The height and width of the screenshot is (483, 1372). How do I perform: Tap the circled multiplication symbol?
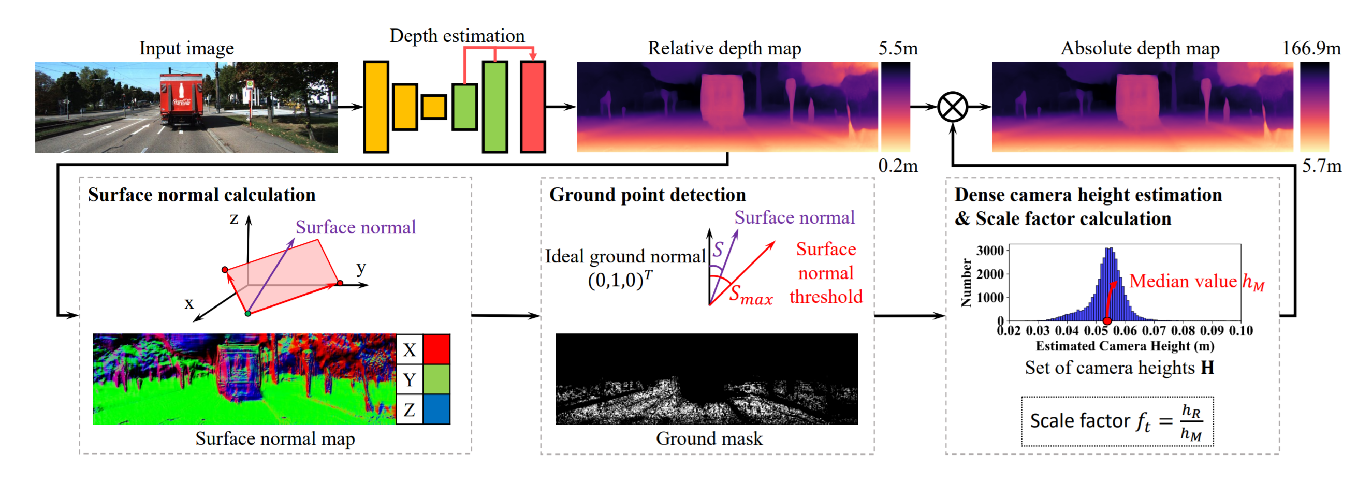click(x=952, y=107)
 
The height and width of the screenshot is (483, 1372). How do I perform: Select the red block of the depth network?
click(x=533, y=107)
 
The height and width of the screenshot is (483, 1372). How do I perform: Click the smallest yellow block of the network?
click(x=433, y=107)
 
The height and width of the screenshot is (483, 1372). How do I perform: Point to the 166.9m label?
click(x=1311, y=49)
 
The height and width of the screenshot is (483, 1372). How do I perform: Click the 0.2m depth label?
click(x=898, y=166)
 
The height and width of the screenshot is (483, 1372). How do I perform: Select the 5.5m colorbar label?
click(x=898, y=49)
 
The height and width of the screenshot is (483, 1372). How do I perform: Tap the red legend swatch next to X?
click(x=436, y=349)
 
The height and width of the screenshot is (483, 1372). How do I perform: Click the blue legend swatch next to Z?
click(x=436, y=409)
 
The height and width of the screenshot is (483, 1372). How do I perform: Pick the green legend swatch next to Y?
click(x=436, y=379)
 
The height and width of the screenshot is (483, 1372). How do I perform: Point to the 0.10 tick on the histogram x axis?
click(x=1240, y=331)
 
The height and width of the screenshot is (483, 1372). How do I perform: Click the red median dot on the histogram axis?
click(x=1107, y=320)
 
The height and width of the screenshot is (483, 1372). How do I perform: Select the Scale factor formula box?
click(x=1117, y=421)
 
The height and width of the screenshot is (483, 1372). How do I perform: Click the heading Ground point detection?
click(x=647, y=195)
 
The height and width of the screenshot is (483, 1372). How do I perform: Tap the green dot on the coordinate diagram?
click(x=247, y=314)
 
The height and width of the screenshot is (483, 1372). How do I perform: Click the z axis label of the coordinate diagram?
click(x=234, y=218)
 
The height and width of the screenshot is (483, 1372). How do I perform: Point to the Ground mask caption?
click(x=709, y=438)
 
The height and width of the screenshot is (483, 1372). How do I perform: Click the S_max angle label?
click(x=751, y=295)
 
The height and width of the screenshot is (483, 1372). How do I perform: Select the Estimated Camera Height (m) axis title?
click(x=1125, y=346)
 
